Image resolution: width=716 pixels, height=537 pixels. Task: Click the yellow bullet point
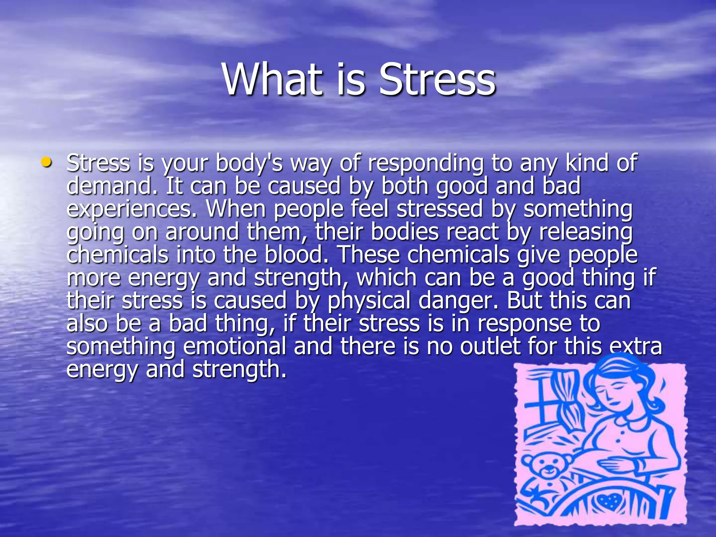pos(46,162)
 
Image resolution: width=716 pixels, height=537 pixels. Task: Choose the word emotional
pos(235,346)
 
